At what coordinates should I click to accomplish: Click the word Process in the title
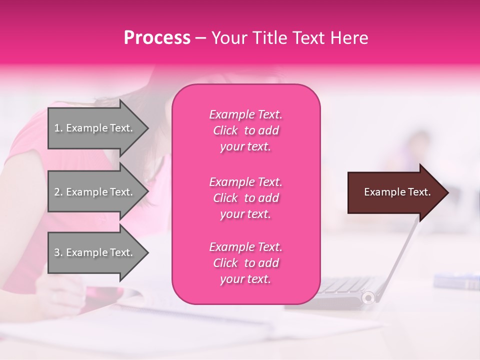tap(157, 38)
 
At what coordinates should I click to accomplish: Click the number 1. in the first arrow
tap(58, 128)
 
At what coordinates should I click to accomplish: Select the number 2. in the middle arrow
tap(58, 192)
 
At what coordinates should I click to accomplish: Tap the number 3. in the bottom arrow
tap(58, 252)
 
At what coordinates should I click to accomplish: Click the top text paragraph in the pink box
tap(245, 130)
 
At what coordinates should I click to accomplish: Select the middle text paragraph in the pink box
tap(245, 198)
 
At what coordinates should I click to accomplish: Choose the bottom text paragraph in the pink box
tap(245, 263)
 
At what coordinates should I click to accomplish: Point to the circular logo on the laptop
tap(368, 298)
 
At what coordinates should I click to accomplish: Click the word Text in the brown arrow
tap(419, 192)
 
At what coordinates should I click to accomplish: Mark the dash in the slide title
tap(201, 38)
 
